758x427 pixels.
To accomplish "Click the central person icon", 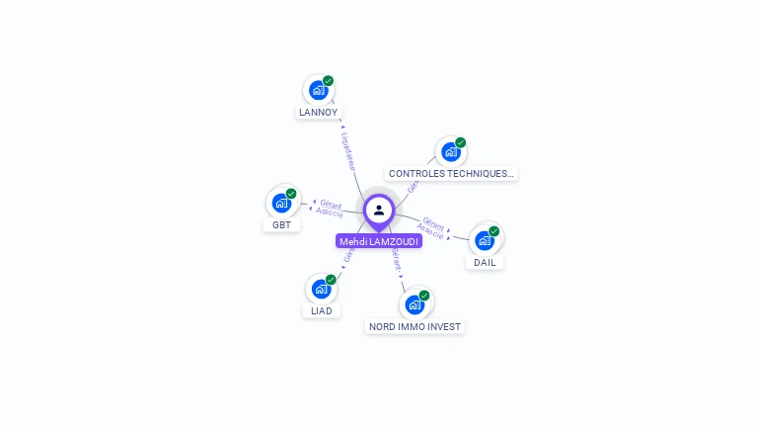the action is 379,210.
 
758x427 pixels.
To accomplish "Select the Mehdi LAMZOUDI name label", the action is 379,241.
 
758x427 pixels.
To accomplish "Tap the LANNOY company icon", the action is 318,90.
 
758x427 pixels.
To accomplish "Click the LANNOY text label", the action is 318,113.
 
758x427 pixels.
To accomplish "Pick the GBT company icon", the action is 281,203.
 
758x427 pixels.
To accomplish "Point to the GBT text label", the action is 281,224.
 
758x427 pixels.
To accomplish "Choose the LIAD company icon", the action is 321,289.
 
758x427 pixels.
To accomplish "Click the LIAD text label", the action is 321,310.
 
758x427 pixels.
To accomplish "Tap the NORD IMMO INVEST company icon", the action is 415,304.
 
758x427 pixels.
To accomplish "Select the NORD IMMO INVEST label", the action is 415,326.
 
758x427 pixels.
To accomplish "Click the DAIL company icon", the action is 485,240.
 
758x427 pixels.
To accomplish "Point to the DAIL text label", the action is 485,262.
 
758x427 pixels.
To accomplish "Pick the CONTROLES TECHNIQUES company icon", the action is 451,151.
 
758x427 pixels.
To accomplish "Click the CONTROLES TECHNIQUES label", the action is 451,173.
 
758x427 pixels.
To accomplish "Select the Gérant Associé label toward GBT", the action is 330,208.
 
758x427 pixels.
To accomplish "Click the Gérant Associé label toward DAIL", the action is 432,226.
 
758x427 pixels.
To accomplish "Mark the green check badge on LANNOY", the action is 329,81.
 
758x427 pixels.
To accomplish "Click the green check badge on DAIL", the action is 494,231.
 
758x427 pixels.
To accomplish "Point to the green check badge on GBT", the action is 291,194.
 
